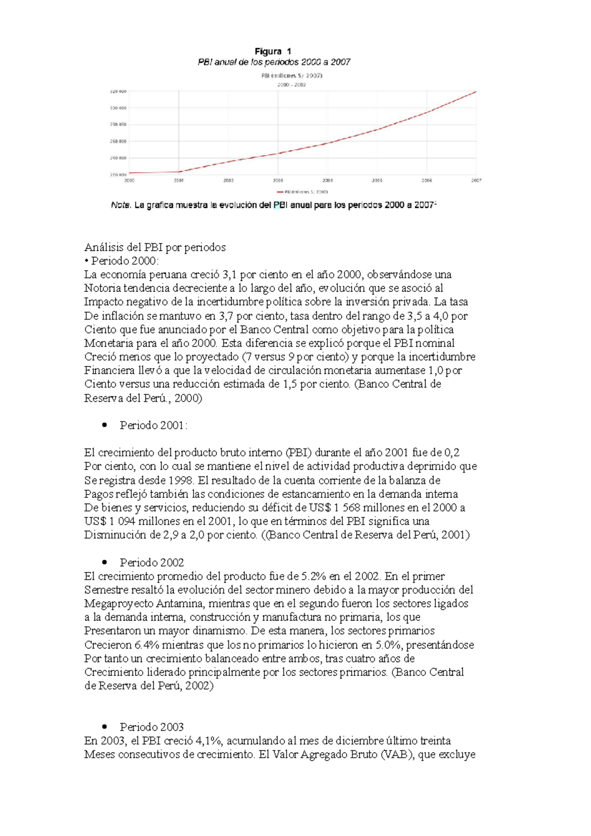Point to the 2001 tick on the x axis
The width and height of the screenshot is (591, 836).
point(178,181)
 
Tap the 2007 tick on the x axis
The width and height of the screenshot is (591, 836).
point(476,181)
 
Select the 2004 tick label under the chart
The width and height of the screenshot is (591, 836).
point(328,181)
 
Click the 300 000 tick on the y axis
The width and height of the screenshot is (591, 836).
point(118,108)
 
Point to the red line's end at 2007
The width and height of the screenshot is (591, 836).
point(476,92)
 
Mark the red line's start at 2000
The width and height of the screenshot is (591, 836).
point(130,173)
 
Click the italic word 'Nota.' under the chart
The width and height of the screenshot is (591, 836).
point(121,206)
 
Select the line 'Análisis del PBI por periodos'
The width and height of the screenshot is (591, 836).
point(155,247)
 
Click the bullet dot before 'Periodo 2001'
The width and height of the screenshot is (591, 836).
point(104,425)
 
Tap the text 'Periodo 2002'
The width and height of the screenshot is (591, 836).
point(152,562)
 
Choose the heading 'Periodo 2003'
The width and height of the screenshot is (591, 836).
point(152,727)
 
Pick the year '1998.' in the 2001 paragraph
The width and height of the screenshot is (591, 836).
point(181,480)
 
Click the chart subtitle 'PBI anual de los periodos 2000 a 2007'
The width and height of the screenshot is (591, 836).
point(274,63)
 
